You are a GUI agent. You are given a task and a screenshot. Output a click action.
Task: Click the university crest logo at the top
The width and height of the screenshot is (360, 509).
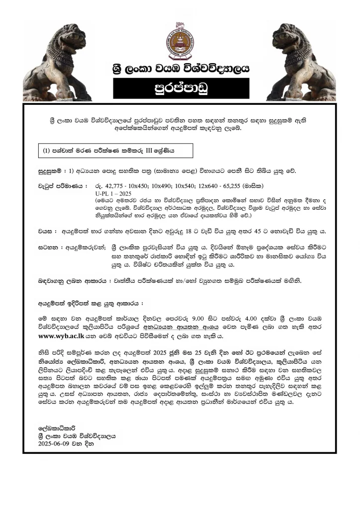180,38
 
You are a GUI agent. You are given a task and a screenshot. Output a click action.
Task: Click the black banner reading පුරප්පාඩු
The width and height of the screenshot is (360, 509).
180,88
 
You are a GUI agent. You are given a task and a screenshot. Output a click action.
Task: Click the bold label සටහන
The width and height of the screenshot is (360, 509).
47,247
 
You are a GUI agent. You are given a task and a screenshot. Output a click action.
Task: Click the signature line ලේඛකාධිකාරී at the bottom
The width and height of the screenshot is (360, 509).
58,427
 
